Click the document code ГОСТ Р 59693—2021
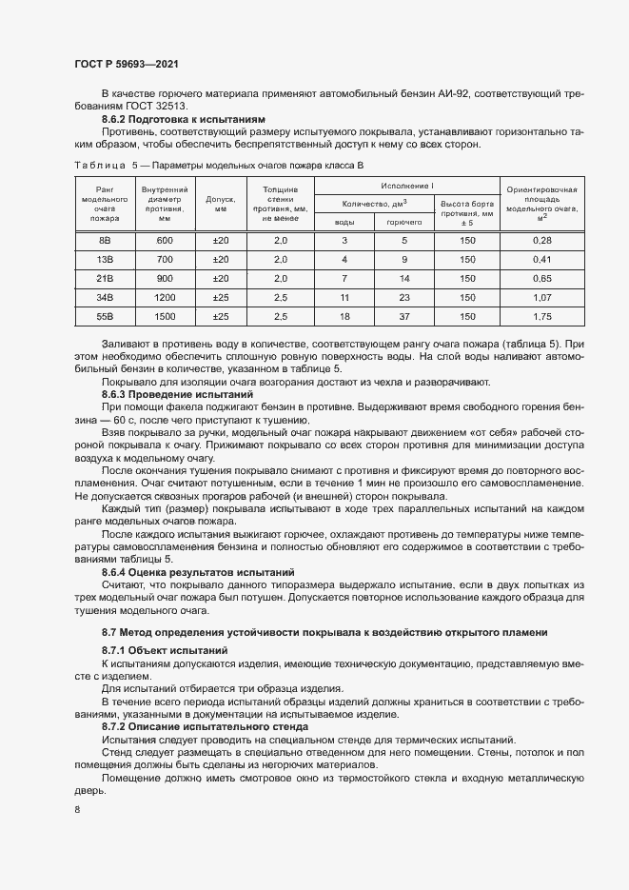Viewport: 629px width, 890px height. tap(126, 64)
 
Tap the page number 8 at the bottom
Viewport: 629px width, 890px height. tap(77, 809)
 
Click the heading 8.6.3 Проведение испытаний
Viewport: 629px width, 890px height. tap(178, 393)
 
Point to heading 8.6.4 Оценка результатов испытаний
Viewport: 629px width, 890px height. tap(198, 572)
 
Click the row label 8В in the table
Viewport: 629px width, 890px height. tap(105, 241)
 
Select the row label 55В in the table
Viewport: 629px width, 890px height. tap(105, 315)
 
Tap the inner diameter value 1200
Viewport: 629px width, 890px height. tap(165, 297)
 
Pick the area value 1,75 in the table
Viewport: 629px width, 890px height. tap(542, 315)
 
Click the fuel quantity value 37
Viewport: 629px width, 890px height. tap(404, 315)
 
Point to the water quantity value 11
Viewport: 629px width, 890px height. tap(344, 297)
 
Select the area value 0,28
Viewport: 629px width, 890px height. tap(542, 241)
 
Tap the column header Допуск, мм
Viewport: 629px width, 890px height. tap(221, 203)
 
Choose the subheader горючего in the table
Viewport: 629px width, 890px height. tap(404, 221)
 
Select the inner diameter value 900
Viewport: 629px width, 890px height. tap(165, 278)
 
